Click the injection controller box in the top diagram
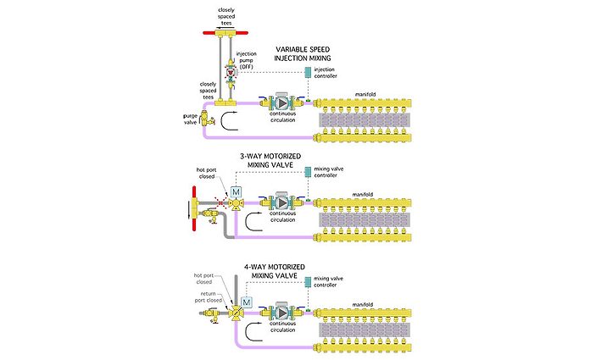click(x=307, y=71)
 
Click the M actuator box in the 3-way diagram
click(x=237, y=191)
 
